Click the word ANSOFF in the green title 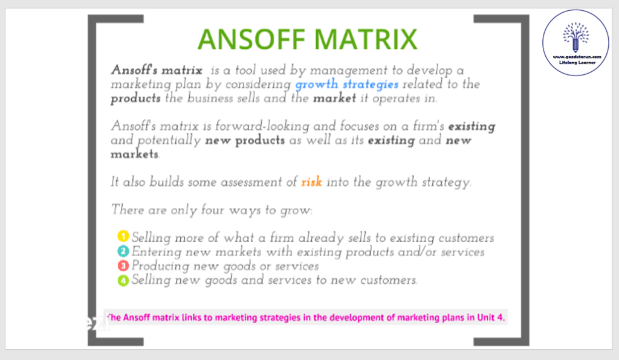[251, 39]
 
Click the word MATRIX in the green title [366, 39]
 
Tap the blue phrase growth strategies [346, 85]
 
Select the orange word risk [311, 182]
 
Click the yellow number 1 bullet [123, 236]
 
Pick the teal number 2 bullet [123, 251]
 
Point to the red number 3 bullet [123, 265]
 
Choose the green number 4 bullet [123, 280]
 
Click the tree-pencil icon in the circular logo [575, 37]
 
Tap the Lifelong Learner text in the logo [577, 62]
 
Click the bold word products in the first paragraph [135, 98]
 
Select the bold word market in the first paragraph [334, 98]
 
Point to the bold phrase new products [245, 140]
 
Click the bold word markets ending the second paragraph [134, 154]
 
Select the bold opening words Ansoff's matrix [157, 70]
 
